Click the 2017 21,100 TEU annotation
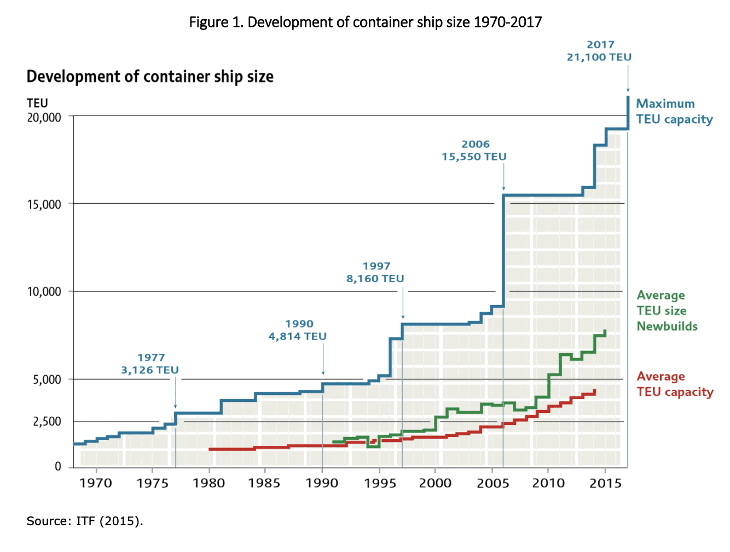coord(599,51)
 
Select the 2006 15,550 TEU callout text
coord(474,151)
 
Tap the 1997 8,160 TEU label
coord(375,273)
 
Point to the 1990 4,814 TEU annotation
coord(298,330)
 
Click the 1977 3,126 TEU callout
coord(150,364)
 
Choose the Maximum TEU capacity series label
coord(674,111)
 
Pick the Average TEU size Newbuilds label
coord(667,311)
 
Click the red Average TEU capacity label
coord(674,384)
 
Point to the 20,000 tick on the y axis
coord(44,117)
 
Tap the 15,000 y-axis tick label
coord(44,204)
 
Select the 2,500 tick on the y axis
coord(47,422)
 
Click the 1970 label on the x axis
coord(96,483)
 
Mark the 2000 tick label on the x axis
coord(435,483)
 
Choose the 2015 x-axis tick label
coord(605,483)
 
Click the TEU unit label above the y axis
coord(37,103)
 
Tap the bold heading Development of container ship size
coord(150,77)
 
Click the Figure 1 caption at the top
coord(365,22)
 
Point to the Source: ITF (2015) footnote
coord(85,521)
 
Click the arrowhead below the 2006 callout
coord(503,188)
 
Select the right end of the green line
coord(605,331)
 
